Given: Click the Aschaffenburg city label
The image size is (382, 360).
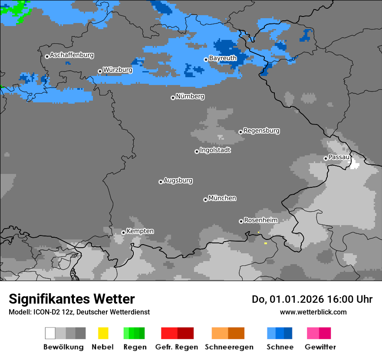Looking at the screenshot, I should tap(72, 56).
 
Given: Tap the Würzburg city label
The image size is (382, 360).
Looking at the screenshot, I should tap(118, 70).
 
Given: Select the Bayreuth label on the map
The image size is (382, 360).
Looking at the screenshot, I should tap(223, 58).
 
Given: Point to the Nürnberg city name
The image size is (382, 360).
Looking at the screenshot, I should tap(190, 96).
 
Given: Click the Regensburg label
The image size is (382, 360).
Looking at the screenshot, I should tap(261, 131).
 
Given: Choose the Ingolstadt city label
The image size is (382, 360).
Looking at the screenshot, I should tap(215, 151).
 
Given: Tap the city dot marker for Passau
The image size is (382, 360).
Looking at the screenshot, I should tap(326, 158).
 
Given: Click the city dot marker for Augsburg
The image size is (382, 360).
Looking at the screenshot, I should tap(161, 182).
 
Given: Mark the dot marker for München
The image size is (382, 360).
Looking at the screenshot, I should tap(205, 200).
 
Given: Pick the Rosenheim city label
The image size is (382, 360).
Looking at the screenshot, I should tap(260, 220).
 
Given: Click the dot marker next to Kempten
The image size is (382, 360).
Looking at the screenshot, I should tap(123, 232).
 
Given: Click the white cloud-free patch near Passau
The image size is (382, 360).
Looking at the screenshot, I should tap(356, 163).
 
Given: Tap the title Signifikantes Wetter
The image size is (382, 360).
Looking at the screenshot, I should tap(72, 299).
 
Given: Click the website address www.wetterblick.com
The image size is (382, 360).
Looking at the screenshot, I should tap(313, 312).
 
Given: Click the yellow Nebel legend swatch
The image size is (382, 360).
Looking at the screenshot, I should tap(103, 333).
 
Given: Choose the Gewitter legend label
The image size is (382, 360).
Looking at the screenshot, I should tap(320, 347).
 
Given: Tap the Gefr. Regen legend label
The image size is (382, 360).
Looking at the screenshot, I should tap(177, 347).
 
